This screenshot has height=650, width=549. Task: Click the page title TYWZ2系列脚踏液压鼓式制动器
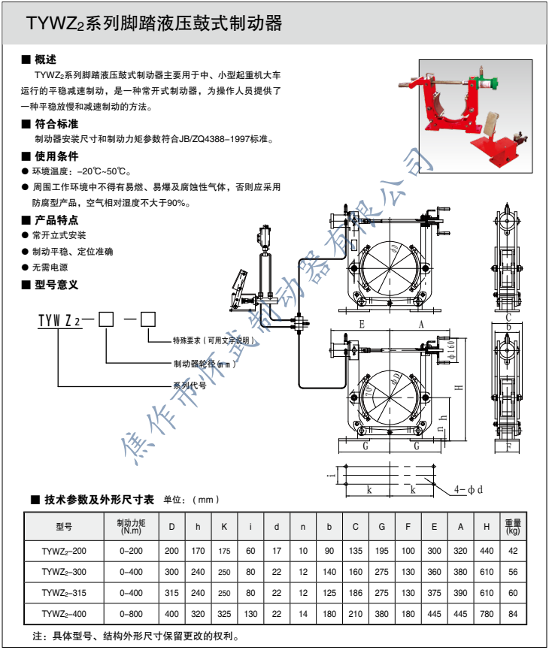154,24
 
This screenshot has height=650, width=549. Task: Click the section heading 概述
45,59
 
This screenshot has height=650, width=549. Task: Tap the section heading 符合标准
56,124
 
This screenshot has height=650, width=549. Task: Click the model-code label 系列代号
190,385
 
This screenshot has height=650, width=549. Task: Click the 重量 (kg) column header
513,527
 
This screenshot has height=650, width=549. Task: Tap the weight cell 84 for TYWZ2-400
513,615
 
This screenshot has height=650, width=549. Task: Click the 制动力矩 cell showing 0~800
130,615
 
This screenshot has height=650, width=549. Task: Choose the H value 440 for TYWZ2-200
487,551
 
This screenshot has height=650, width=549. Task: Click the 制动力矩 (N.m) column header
130,527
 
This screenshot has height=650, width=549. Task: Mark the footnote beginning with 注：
135,636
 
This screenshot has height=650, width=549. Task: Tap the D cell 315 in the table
172,593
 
